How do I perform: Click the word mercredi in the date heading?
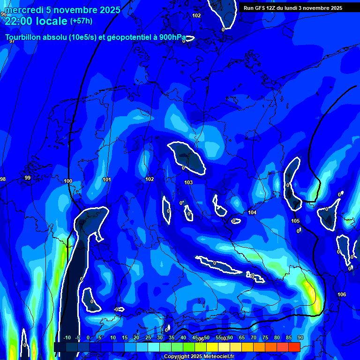pos(22,10)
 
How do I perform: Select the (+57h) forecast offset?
pos(81,21)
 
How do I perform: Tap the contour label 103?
pos(188,182)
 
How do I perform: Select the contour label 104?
pos(252,212)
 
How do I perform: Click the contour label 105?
pos(295,221)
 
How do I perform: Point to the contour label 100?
pos(68,181)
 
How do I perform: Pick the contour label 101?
pos(106,180)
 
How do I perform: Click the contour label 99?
pos(27,178)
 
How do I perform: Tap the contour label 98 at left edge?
pos(3,180)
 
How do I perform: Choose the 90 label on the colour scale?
pos(300,337)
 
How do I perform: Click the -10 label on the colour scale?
pos(67,337)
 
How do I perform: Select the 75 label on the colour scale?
pos(265,337)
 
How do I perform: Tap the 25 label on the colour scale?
pos(148,337)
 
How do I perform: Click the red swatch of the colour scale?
pos(294,347)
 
